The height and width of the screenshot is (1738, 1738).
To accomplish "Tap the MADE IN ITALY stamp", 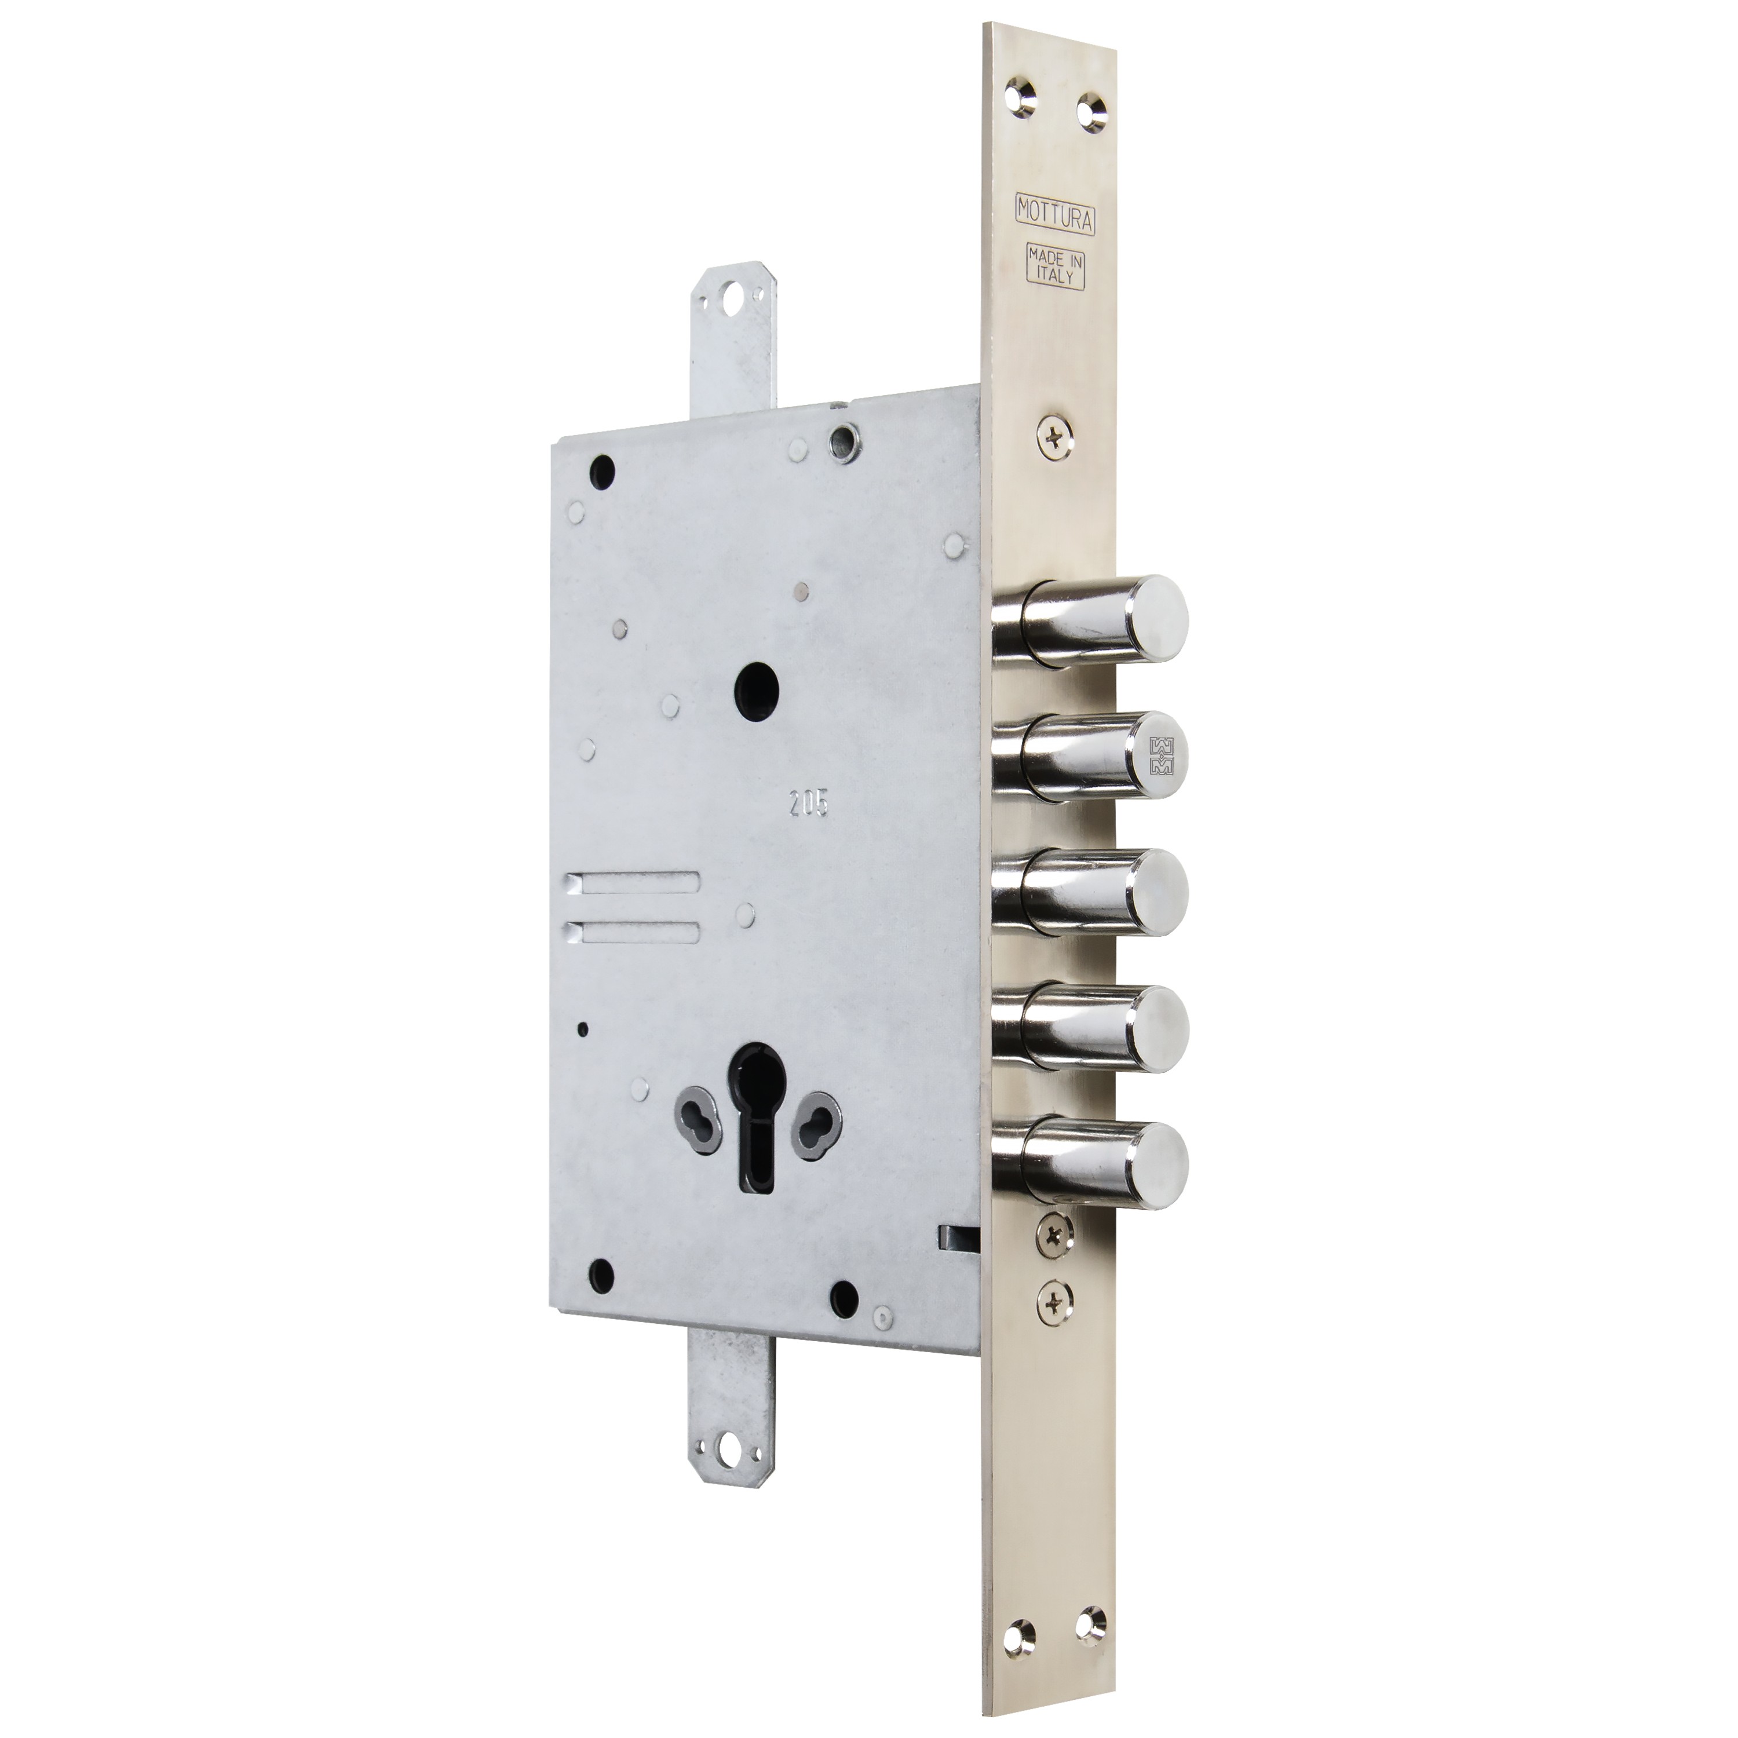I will tap(1054, 267).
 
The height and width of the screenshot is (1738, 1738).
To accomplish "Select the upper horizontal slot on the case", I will tap(633, 883).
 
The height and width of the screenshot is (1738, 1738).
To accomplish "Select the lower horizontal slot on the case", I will tap(633, 931).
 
